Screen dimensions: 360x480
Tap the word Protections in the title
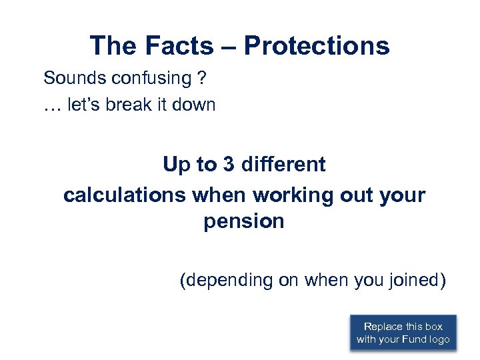317,46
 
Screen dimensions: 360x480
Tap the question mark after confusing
201,78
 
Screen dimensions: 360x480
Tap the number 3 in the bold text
229,165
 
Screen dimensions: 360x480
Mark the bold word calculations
125,195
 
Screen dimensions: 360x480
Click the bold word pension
244,221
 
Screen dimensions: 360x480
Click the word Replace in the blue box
383,327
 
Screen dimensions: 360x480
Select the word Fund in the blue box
414,340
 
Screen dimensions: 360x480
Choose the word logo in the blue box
440,340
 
